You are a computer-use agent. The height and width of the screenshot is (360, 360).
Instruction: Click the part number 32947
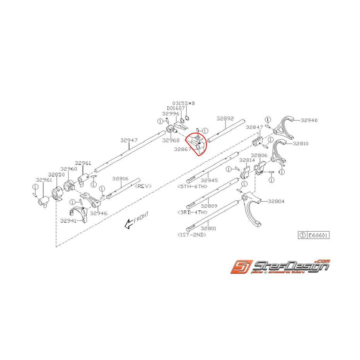128,141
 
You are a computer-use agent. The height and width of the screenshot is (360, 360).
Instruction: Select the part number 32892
225,119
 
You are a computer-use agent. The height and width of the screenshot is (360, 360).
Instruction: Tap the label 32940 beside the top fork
309,120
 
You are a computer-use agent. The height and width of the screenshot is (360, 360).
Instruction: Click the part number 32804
276,201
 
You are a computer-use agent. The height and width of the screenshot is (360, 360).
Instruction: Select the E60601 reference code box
315,235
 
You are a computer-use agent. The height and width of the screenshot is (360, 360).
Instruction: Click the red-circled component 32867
196,143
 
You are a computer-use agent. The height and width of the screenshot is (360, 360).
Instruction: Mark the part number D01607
176,108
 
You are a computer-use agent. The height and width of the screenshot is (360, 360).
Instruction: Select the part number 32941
68,221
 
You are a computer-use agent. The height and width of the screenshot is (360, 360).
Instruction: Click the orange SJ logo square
241,268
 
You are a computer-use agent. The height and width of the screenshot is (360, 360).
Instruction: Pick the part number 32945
210,181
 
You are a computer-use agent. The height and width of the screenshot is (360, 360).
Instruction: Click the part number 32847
254,127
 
